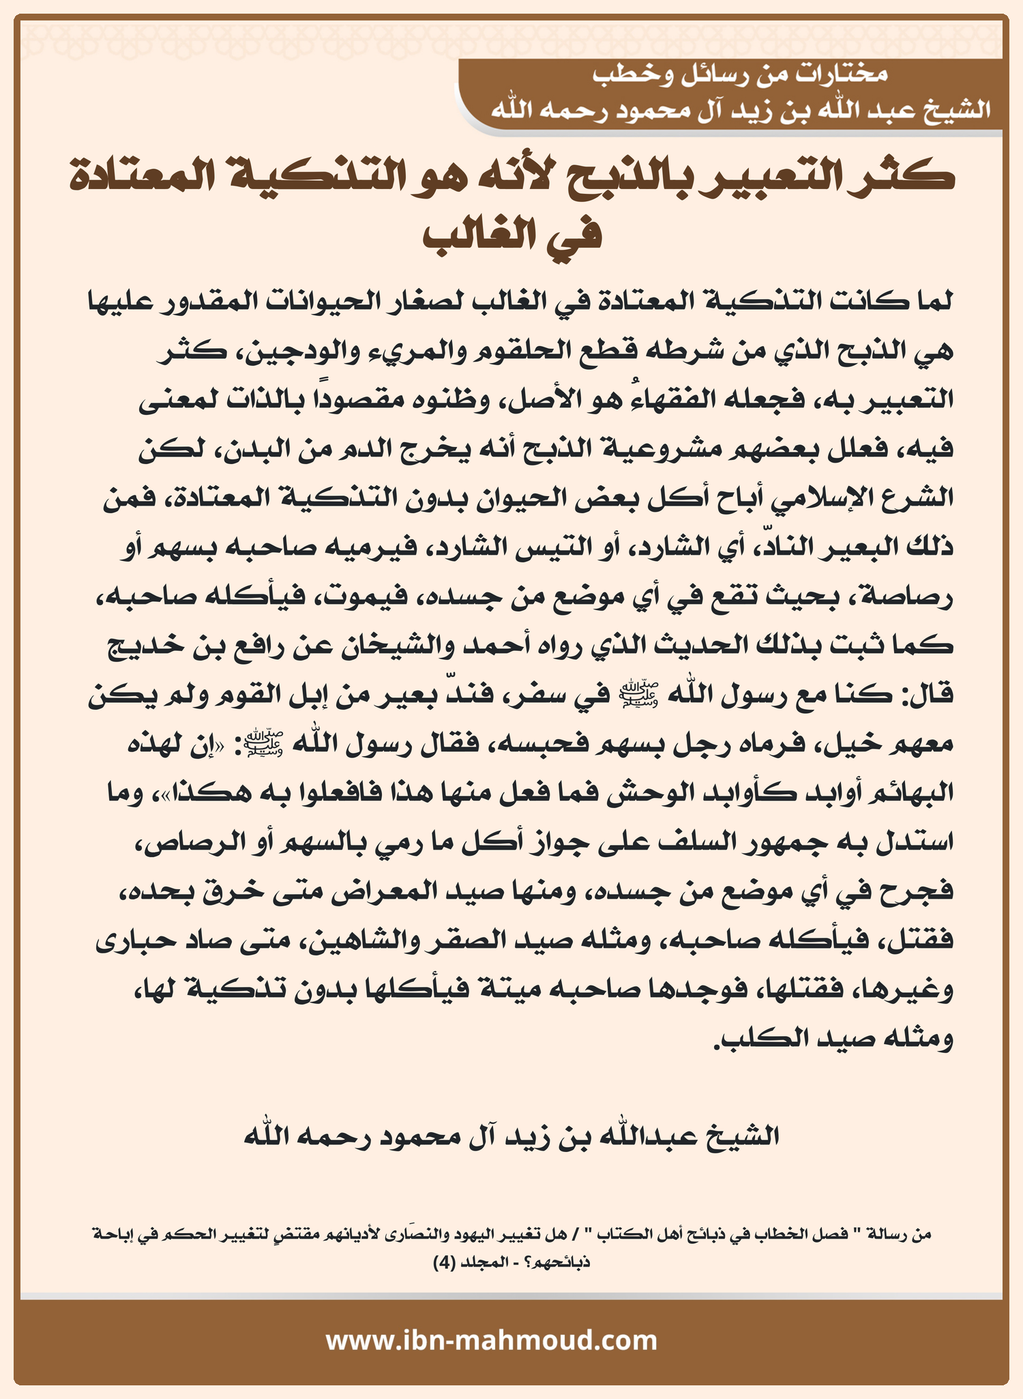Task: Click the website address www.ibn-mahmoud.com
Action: click(491, 1340)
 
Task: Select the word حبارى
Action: click(130, 940)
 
